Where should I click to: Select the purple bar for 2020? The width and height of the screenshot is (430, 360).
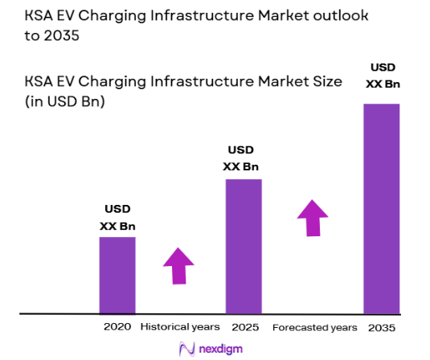click(x=117, y=275)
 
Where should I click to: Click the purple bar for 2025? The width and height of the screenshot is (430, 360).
click(x=244, y=246)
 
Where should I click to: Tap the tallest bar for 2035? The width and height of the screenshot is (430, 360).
click(x=382, y=208)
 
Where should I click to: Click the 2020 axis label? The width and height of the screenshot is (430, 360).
click(x=117, y=327)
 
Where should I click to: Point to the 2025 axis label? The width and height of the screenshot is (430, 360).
click(x=244, y=327)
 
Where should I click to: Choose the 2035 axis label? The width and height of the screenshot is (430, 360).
click(x=382, y=328)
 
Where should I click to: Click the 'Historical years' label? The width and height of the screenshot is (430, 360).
click(x=180, y=327)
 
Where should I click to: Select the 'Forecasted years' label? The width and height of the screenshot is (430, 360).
click(x=314, y=328)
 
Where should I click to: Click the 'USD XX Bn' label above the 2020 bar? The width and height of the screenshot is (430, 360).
click(x=117, y=219)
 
